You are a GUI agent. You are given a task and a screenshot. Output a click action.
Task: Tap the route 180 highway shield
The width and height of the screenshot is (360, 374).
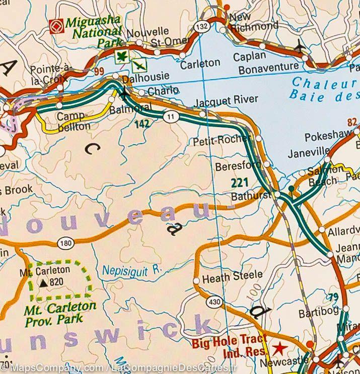(x=64, y=243)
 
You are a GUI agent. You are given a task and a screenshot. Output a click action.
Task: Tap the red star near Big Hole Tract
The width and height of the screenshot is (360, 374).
(x=278, y=348)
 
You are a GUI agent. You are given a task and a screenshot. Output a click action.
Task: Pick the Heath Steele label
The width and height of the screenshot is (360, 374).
(x=232, y=276)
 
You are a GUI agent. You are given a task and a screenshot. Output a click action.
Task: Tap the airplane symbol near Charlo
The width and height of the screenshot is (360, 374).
(x=124, y=93)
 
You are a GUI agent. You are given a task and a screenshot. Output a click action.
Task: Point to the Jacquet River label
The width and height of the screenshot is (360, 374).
(x=222, y=100)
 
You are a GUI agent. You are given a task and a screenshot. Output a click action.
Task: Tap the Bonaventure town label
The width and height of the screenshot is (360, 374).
(x=268, y=68)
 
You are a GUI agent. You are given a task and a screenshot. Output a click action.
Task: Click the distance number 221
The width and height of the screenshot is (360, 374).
(x=240, y=182)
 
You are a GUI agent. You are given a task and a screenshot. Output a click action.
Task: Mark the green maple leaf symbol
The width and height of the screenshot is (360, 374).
(x=121, y=57)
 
